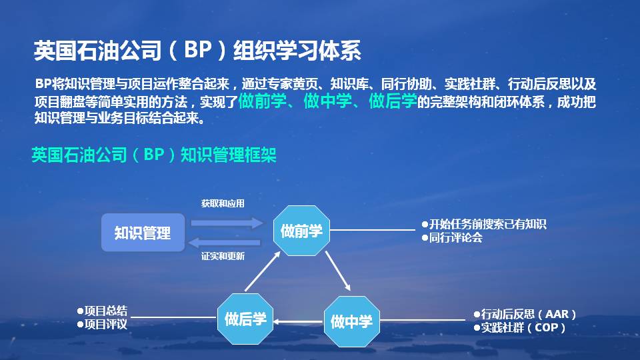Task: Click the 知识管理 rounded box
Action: [143, 233]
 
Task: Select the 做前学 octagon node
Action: [301, 231]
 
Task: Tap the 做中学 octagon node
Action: [351, 321]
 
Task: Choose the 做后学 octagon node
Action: [245, 319]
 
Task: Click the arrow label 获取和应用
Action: [223, 204]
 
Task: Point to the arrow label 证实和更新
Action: [223, 256]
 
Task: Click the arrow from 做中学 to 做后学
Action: [298, 322]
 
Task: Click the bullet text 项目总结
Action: [105, 311]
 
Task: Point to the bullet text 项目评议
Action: [105, 325]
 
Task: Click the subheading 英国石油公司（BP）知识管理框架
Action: [154, 155]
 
